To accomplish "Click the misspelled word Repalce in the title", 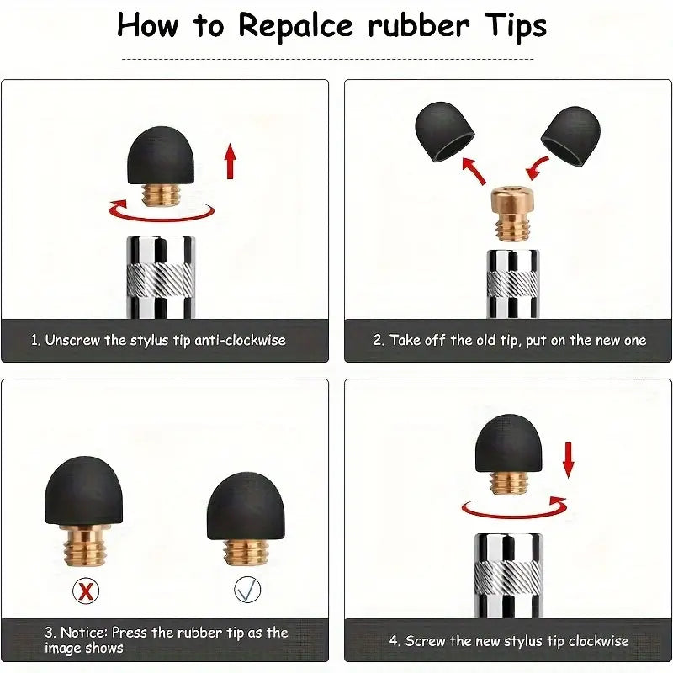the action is click(x=296, y=27).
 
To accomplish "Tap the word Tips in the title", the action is click(x=516, y=26).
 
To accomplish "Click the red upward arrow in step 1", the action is click(x=231, y=161).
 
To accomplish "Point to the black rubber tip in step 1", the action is click(x=161, y=156).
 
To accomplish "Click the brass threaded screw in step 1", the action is click(x=161, y=195).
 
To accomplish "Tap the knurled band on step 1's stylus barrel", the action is click(x=161, y=280).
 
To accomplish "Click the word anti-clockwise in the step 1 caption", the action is click(x=240, y=340).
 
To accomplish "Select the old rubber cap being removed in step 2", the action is click(x=445, y=131).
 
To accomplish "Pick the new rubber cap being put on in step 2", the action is click(x=571, y=135).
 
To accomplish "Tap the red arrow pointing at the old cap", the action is click(x=474, y=171).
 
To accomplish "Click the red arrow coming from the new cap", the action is click(x=538, y=168).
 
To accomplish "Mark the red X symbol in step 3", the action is click(x=86, y=591).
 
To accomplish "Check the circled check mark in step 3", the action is click(x=247, y=590).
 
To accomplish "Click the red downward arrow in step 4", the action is click(x=569, y=460).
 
